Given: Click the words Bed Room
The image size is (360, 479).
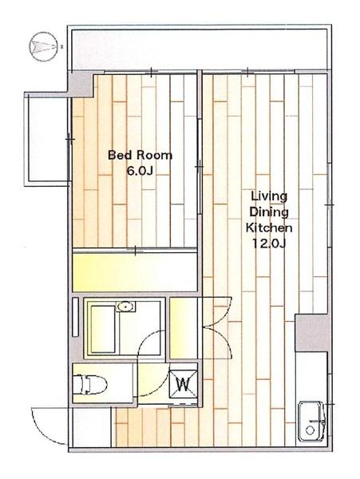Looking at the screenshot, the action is [x=140, y=155].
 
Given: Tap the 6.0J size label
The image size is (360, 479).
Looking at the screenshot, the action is [x=140, y=171].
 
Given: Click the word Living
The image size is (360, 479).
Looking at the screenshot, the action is [x=269, y=196].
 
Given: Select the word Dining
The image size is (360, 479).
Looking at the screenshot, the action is [x=269, y=212].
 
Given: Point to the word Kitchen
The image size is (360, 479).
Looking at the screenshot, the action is [x=269, y=228].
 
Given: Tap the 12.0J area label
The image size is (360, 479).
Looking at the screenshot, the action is [x=269, y=243].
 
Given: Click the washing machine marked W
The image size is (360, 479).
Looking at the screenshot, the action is [x=184, y=384].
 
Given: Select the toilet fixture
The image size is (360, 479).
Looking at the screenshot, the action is [x=90, y=384].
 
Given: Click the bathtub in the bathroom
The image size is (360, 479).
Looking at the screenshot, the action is [x=103, y=329].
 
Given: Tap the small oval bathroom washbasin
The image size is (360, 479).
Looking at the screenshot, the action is [x=126, y=307].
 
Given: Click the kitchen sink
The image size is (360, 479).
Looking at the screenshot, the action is [x=311, y=421].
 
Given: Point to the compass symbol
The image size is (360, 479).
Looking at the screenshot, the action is [x=43, y=47].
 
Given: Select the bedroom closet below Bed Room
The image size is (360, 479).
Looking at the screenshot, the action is [x=134, y=272].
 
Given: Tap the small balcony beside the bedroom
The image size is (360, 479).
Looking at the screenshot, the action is [x=48, y=139].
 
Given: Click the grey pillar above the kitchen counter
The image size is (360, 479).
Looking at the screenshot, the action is [x=312, y=332].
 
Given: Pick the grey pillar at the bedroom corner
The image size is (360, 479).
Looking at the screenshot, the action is [x=80, y=83].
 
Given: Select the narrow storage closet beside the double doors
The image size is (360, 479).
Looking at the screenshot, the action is [x=184, y=328].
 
